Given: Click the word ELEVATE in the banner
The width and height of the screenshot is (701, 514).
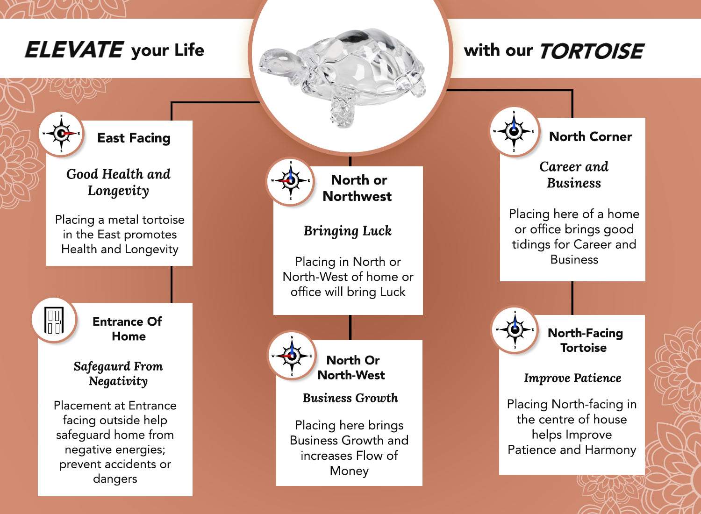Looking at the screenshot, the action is [x=74, y=50].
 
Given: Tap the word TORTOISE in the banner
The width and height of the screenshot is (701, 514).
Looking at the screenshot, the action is [x=592, y=50].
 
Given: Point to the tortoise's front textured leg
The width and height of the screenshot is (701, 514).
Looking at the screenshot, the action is [x=343, y=107].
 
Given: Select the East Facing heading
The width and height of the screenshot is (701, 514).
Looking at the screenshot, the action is [x=134, y=138].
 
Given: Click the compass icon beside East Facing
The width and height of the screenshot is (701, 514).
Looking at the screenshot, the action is [x=61, y=134].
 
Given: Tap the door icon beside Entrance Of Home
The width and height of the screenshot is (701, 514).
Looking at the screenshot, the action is [x=54, y=320].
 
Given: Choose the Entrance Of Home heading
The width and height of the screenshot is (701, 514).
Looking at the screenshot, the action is [x=128, y=328].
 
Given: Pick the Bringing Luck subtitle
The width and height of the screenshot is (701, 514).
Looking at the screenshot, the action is [x=348, y=231].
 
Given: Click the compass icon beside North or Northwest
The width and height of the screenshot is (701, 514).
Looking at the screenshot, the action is [x=291, y=181].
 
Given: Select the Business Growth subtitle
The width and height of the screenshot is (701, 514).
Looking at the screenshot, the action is [x=350, y=398].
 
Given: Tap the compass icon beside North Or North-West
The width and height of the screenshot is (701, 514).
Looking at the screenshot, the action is [x=292, y=356].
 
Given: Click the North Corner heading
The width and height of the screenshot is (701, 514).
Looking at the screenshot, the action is [x=591, y=137].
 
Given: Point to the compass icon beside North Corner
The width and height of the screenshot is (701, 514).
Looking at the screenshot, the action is [x=514, y=131].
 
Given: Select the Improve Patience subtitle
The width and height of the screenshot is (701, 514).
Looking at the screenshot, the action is [x=572, y=378].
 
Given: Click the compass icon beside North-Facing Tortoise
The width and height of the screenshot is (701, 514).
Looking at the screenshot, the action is [x=515, y=329].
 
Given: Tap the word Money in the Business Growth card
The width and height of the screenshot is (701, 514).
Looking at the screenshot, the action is [x=349, y=471].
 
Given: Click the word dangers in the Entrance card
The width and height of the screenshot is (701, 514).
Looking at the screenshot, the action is [x=115, y=479].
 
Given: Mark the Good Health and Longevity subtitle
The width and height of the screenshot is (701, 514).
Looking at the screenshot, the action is [x=118, y=182].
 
